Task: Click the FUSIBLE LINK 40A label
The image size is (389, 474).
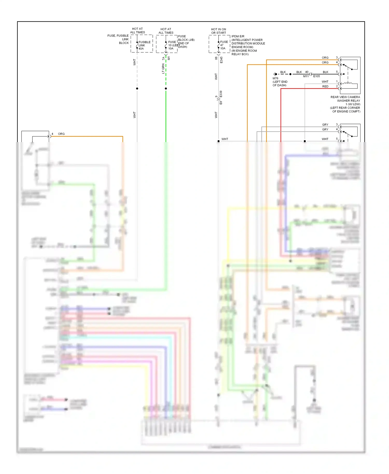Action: pos(144,45)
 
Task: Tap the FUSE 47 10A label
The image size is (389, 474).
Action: pos(224,45)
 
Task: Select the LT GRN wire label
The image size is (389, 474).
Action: pos(163,69)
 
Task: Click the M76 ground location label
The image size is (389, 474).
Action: pos(280,82)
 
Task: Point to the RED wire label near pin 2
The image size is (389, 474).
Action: pos(325,86)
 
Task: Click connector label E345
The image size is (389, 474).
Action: pos(221,60)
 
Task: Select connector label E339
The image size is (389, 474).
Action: pos(221,94)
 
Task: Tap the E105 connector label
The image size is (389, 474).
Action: pos(316,76)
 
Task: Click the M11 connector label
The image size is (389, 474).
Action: pos(306,76)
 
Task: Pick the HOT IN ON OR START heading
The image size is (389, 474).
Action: pos(218,31)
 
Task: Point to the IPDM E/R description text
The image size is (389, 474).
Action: pos(248,45)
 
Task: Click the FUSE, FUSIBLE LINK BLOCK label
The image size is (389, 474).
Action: pos(118,39)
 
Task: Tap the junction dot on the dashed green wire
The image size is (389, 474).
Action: pos(166,89)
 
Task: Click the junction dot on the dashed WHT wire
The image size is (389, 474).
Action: pos(137,89)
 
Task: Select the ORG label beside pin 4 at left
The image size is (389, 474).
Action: pos(61,134)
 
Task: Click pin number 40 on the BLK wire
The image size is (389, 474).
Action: pos(307,72)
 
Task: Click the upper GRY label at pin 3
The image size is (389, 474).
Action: pos(325,125)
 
